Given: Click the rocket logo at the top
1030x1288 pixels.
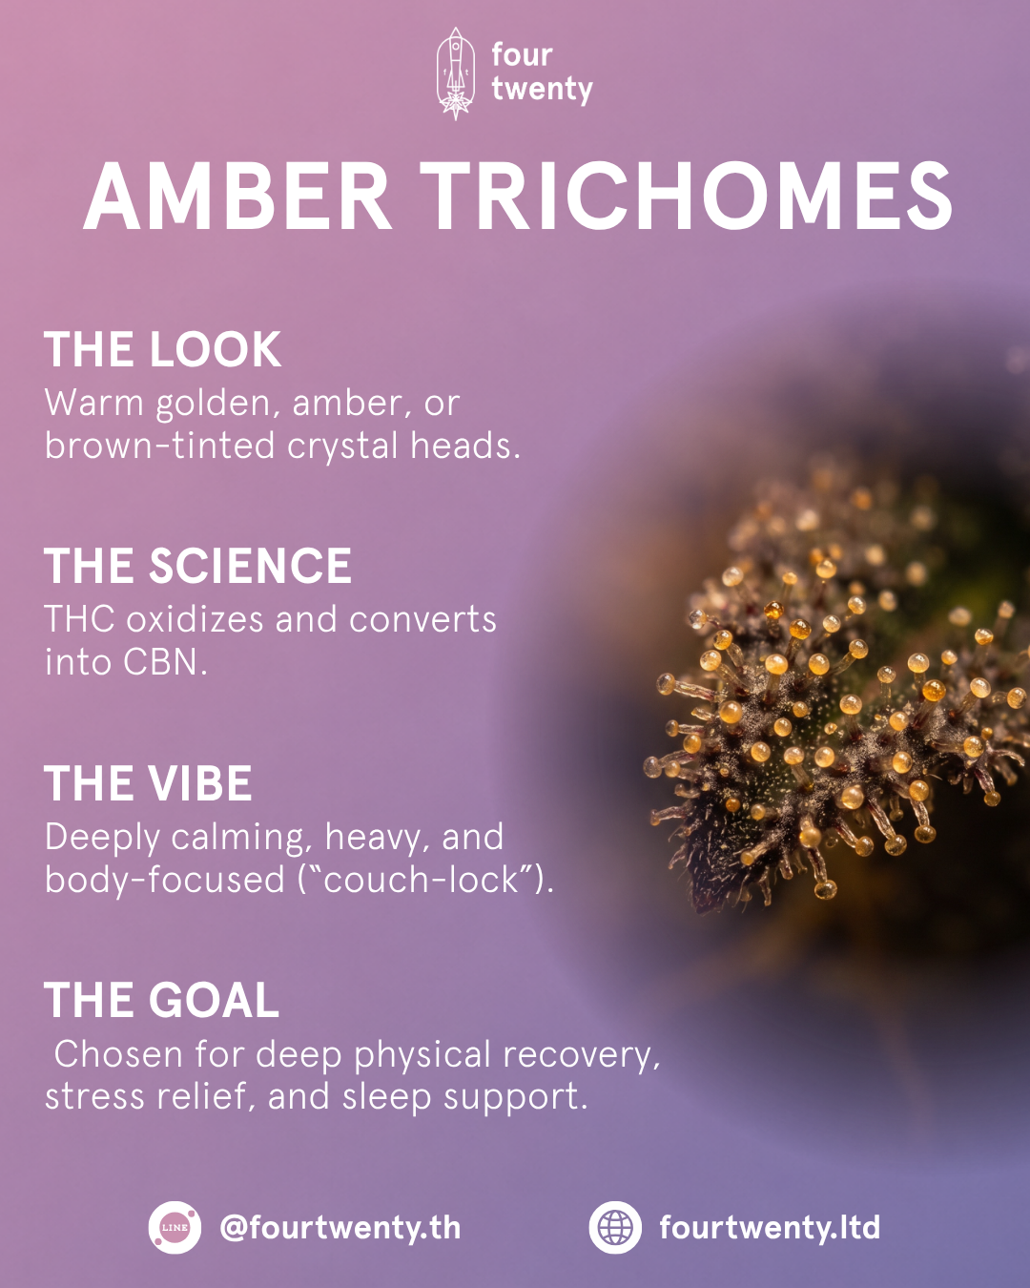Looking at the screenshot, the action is [x=456, y=73].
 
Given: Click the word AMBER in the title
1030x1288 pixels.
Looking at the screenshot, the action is [x=237, y=197].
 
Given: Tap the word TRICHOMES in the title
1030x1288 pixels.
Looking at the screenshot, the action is [x=686, y=197].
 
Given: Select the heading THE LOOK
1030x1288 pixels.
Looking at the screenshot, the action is [x=162, y=349].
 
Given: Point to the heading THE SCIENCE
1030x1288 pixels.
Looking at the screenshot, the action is [x=197, y=566].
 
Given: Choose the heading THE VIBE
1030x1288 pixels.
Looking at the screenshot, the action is [x=148, y=783].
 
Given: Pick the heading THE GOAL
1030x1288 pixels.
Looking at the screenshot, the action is [x=161, y=1000].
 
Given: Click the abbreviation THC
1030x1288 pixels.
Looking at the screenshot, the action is [x=79, y=618].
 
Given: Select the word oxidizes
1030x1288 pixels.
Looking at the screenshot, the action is [x=195, y=618].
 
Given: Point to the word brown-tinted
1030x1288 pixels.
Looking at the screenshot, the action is [x=160, y=446].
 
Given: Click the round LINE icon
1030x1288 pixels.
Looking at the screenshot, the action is [x=175, y=1227].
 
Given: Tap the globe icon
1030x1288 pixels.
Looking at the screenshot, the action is [x=615, y=1227].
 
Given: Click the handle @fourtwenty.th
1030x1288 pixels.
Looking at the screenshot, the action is [x=340, y=1228].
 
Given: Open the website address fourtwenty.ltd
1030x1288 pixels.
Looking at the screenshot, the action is [x=770, y=1228].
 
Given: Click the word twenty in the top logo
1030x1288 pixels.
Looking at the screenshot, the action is [x=543, y=90].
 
